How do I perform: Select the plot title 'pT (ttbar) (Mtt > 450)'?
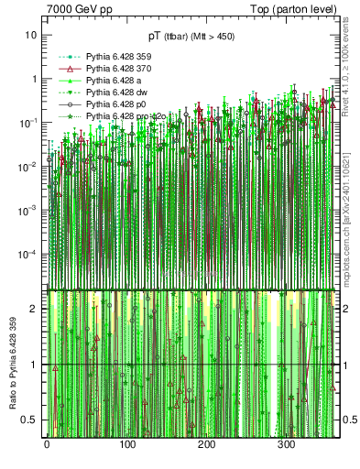click(x=191, y=37)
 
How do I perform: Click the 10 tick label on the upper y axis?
click(x=31, y=35)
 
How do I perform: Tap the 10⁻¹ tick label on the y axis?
click(x=29, y=122)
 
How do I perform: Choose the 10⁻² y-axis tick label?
click(x=29, y=166)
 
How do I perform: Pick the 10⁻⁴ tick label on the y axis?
click(x=29, y=254)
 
